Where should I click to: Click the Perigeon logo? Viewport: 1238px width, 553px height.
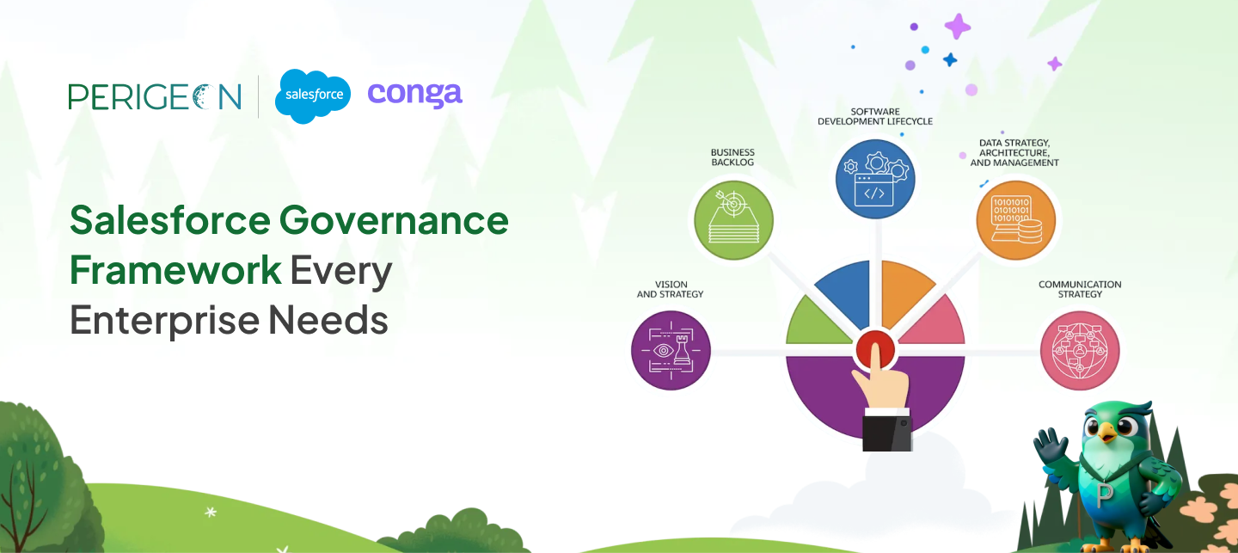coord(155,96)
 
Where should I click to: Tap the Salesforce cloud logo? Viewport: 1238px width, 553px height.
coord(313,95)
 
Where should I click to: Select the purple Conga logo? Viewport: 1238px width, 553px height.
coord(414,94)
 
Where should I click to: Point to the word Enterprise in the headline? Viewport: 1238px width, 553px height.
coord(162,320)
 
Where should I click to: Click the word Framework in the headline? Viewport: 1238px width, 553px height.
coord(175,270)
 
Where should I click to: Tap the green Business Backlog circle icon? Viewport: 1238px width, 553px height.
coord(733,220)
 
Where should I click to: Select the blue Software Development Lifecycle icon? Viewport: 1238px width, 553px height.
coord(875,180)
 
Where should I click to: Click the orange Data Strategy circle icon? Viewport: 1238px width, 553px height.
coord(1015,220)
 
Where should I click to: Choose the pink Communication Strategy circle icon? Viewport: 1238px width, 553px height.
coord(1080,351)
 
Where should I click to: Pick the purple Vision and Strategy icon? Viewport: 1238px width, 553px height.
coord(671,351)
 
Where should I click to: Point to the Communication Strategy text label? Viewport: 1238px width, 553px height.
coord(1080,289)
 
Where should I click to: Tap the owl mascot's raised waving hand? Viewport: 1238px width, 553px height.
coord(1049,446)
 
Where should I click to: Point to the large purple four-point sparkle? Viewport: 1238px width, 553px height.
coord(958,26)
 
